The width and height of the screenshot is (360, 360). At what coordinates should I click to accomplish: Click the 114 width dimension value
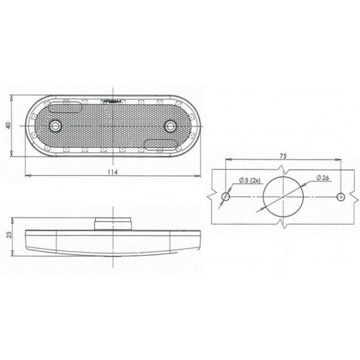[113, 172]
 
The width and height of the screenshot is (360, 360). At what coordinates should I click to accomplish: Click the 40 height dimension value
[8, 126]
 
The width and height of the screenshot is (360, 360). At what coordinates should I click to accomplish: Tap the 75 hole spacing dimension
[283, 156]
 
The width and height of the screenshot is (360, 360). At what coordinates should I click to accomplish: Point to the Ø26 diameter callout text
[322, 177]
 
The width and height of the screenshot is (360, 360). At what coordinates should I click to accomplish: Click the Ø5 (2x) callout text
[249, 180]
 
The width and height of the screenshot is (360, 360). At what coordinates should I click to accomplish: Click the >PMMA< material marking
[111, 101]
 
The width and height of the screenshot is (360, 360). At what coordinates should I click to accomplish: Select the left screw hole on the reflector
[55, 126]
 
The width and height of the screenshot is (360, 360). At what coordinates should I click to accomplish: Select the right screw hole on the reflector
[170, 126]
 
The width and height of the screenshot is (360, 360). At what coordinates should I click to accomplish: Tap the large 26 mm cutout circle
[263, 197]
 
